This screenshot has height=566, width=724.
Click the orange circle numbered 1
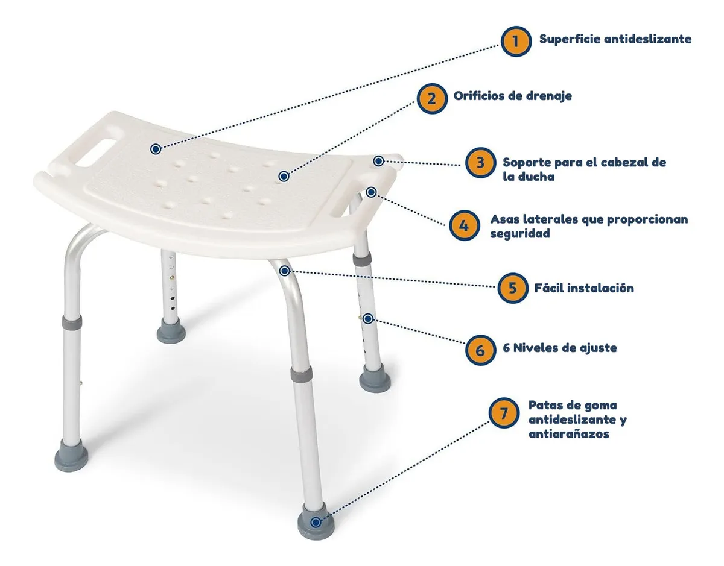tap(515, 41)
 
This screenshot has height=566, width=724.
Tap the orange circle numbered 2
tap(432, 98)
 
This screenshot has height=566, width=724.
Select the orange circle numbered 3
tap(480, 162)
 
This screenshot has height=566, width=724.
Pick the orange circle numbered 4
tap(464, 225)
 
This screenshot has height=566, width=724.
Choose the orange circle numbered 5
tap(513, 288)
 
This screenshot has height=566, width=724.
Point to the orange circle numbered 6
tap(480, 350)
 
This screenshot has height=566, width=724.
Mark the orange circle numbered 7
tap(504, 413)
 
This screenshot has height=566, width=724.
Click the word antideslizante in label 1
tap(648, 39)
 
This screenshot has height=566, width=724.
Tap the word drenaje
tap(549, 96)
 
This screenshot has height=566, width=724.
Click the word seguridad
tap(519, 234)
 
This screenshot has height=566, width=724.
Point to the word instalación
tap(600, 288)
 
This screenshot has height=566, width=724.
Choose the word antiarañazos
tap(569, 434)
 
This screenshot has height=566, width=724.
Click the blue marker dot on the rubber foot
tap(316, 523)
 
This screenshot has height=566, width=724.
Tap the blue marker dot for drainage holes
tap(284, 176)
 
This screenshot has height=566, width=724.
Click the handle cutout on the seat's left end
tap(97, 153)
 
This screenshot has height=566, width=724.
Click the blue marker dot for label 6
tap(368, 319)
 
